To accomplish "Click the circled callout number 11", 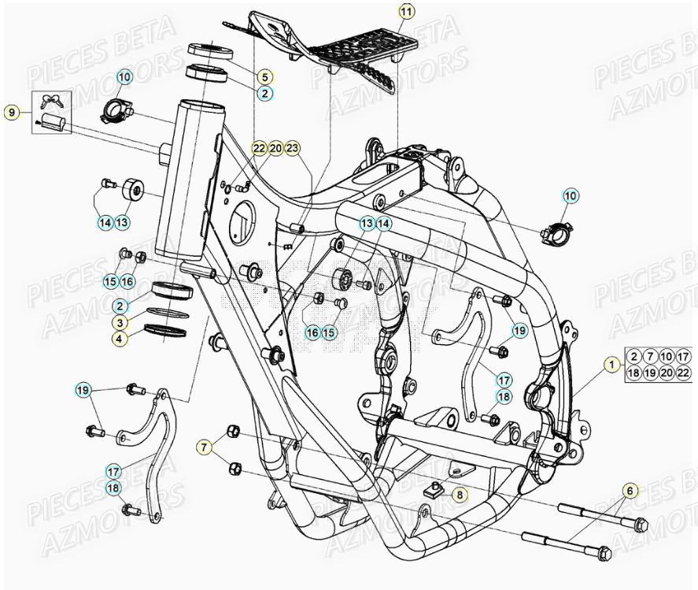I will [x=405, y=11].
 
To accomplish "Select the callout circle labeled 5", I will [x=264, y=76].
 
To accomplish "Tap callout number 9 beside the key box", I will [x=11, y=113].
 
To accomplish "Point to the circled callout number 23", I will [x=292, y=148].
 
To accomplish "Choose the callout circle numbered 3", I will [x=117, y=323].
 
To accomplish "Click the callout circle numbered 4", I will [x=117, y=340].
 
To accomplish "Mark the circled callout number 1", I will [x=610, y=364].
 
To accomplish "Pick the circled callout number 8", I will [x=460, y=495].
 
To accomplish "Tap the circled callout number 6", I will [x=629, y=491].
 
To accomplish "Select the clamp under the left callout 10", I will [x=115, y=109].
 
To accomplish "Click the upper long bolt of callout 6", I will [x=602, y=517].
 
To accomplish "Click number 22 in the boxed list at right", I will [x=683, y=373].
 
